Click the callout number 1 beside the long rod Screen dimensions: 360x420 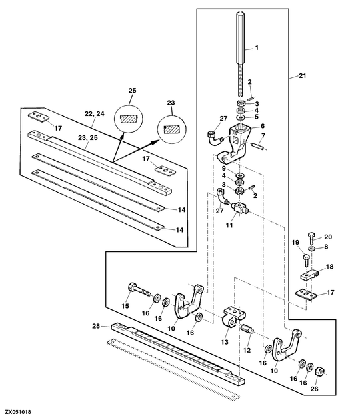tap(257, 48)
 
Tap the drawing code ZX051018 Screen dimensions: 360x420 tap(18, 412)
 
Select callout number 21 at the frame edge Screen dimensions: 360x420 tap(302, 76)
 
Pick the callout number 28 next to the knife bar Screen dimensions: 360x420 tap(96, 326)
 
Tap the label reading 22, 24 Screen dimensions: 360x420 tap(95, 114)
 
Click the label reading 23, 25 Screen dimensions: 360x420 tap(88, 138)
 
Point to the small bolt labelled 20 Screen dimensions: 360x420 tap(311, 239)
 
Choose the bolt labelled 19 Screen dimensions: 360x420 tap(306, 261)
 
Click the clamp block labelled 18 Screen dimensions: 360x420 tap(308, 275)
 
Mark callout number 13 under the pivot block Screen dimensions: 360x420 tap(225, 342)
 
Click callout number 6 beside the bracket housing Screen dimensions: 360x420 tap(262, 126)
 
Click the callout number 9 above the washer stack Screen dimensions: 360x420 tap(223, 169)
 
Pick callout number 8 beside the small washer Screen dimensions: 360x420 tap(326, 247)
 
